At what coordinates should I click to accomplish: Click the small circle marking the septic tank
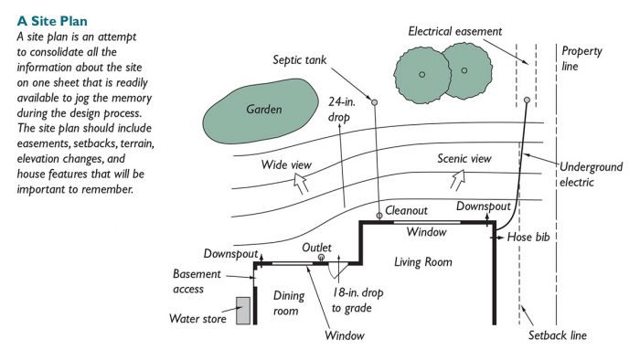coord(374,100)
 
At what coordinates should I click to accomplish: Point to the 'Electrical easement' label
coord(455,31)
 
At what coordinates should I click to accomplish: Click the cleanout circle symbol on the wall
coord(379,217)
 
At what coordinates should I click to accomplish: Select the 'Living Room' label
coord(422,262)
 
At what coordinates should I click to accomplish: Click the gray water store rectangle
coord(242,311)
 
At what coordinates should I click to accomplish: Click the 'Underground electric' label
coord(592,175)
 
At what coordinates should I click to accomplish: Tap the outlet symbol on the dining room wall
coord(321,258)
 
